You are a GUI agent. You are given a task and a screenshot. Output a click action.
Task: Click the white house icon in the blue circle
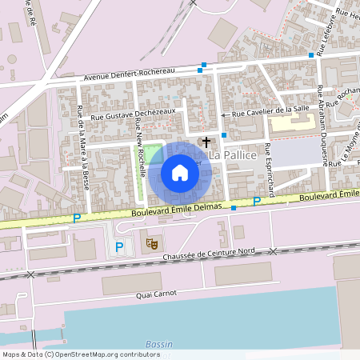(180, 173)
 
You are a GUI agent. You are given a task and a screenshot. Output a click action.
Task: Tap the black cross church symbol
(206, 142)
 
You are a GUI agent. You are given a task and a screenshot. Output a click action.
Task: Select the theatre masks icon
(150, 242)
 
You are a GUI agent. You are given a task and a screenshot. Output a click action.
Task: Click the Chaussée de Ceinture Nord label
(208, 254)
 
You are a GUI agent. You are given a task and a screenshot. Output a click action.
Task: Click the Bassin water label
(159, 344)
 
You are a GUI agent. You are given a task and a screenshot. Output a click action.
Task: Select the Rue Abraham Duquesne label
(321, 123)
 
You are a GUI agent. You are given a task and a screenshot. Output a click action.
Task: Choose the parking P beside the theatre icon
(119, 247)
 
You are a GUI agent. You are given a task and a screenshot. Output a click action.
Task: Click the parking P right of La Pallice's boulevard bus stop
(257, 201)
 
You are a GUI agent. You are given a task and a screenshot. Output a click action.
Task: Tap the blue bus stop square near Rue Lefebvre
(311, 55)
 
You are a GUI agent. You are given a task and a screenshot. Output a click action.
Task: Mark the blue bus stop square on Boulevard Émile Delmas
(233, 208)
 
